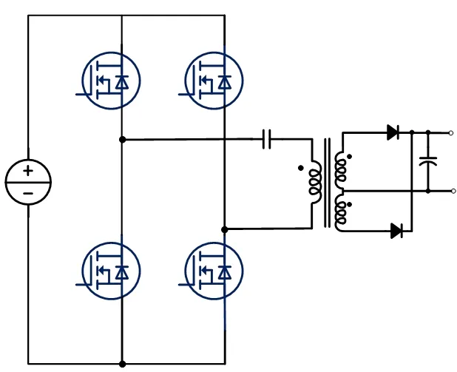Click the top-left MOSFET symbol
click(x=110, y=80)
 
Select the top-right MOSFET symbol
click(x=213, y=80)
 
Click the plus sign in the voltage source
click(x=27, y=171)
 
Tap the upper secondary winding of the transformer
click(x=340, y=169)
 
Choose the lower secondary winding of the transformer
click(x=340, y=211)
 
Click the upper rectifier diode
click(x=393, y=133)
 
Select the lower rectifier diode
click(x=396, y=231)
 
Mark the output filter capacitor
click(x=428, y=161)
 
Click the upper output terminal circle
click(x=451, y=133)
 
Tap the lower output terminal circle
click(x=451, y=191)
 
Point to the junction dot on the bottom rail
click(x=122, y=364)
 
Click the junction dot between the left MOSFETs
click(x=122, y=138)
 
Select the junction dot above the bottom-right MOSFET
click(x=225, y=229)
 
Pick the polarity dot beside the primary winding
click(x=300, y=168)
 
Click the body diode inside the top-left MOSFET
click(x=123, y=83)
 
